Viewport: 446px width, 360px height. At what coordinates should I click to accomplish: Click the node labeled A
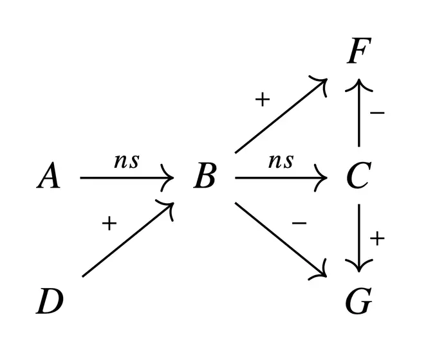click(49, 176)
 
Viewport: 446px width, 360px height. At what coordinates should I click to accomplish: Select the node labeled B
click(205, 176)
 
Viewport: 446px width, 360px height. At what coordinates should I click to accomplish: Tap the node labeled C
click(357, 176)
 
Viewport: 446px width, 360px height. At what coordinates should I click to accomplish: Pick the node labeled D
click(50, 301)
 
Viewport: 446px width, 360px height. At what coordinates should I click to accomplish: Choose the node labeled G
click(358, 301)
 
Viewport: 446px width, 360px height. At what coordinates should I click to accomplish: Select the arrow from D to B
click(129, 239)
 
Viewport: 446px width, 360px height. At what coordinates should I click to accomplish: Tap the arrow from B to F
click(281, 116)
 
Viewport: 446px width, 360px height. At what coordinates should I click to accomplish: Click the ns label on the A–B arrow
click(126, 161)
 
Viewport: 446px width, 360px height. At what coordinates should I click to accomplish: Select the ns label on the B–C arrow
click(281, 161)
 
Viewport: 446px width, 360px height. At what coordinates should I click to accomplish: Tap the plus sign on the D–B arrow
click(109, 223)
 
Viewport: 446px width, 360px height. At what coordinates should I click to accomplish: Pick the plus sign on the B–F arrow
click(262, 100)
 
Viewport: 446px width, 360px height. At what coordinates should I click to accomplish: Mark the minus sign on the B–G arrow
click(299, 223)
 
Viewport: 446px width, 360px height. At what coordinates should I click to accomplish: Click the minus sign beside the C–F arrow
click(378, 113)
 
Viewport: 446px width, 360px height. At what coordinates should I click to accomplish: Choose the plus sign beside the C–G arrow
click(378, 239)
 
